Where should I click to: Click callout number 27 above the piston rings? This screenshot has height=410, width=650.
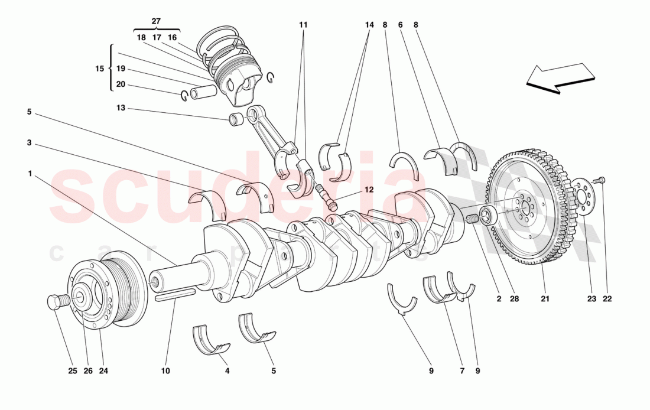pos(156,21)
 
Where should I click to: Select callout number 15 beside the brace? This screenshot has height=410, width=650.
pos(99,69)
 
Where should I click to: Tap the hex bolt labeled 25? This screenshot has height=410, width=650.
pos(54,302)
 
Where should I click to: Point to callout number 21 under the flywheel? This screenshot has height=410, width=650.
pos(545,299)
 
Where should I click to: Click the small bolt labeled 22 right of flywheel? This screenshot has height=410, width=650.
pos(601,180)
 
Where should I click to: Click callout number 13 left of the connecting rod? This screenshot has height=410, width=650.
pos(121,109)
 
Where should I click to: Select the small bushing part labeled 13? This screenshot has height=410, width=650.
pos(235,120)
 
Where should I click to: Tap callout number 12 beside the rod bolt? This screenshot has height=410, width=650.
pos(369,190)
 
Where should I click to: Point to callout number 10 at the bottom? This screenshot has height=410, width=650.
pos(165,371)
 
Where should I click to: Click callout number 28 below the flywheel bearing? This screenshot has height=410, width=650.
pos(514,299)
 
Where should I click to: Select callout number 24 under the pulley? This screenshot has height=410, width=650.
pos(104,371)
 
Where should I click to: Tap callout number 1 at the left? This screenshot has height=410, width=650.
pos(30,174)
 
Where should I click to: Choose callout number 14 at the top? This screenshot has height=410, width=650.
pos(369,25)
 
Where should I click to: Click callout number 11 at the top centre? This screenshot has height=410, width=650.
pos(303,25)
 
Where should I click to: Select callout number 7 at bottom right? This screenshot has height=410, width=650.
pos(461,371)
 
